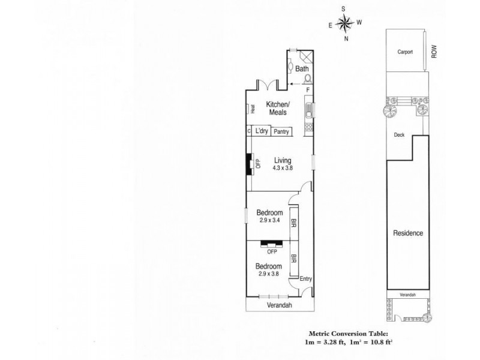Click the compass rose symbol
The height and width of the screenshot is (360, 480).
coord(345,25)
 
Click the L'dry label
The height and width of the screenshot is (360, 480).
coord(261,131)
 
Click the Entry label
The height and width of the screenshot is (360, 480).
coord(306,278)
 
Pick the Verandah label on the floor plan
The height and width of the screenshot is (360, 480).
coord(279,305)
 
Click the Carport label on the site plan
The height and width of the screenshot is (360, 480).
coord(406,52)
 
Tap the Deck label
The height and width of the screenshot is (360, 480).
coord(400,135)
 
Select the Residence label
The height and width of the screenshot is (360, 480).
coord(408,233)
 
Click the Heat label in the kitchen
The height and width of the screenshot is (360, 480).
coord(253,109)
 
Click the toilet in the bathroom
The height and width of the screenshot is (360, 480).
coord(308,78)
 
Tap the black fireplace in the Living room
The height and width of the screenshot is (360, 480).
coord(248,163)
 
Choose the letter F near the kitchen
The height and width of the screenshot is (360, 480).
coord(308,90)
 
